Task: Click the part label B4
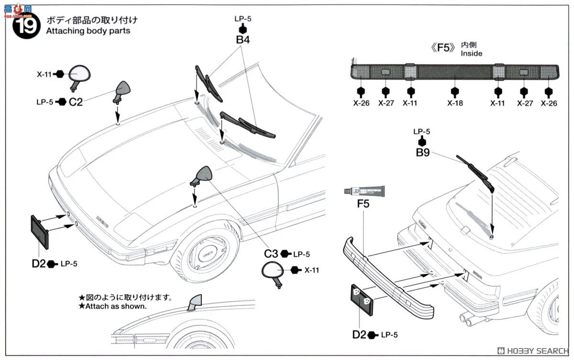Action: tap(243, 40)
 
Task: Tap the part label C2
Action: tap(76, 102)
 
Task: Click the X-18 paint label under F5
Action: tap(455, 103)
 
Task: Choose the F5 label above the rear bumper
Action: tap(363, 204)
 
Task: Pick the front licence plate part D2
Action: tap(40, 232)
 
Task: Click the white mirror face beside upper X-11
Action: tap(79, 74)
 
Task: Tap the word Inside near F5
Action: tap(471, 54)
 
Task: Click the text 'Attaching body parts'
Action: tap(88, 31)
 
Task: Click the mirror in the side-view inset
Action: tap(195, 303)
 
